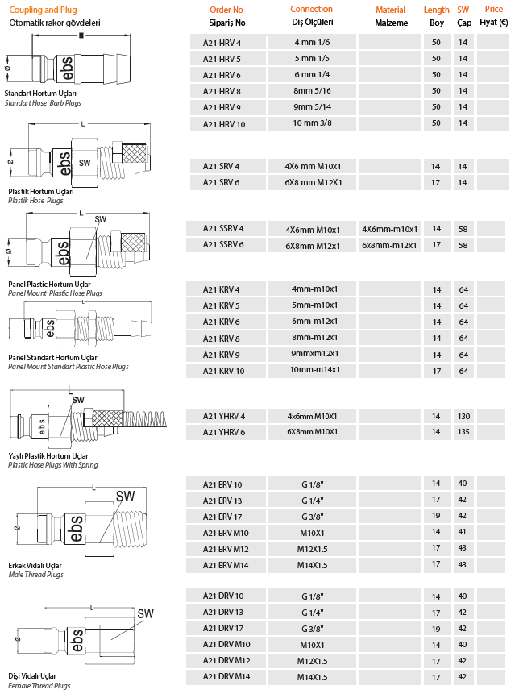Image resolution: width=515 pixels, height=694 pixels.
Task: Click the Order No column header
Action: click(228, 10)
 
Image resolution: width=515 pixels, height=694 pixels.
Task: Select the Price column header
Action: click(493, 10)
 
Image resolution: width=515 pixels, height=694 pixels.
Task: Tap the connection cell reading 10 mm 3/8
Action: click(312, 123)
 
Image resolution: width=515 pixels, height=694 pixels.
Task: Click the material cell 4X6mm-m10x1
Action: click(390, 229)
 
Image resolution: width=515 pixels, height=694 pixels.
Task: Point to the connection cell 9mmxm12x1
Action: click(312, 354)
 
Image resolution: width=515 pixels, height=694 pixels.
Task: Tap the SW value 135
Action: click(463, 432)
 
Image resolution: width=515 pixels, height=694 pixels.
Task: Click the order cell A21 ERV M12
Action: click(227, 548)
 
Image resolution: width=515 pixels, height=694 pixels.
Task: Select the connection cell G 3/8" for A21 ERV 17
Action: click(312, 516)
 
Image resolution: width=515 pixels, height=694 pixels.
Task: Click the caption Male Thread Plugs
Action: click(34, 575)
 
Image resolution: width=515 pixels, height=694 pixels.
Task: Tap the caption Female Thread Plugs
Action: click(37, 686)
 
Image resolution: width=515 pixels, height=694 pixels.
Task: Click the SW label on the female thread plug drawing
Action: click(145, 613)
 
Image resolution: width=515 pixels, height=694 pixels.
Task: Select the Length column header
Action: click(436, 10)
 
